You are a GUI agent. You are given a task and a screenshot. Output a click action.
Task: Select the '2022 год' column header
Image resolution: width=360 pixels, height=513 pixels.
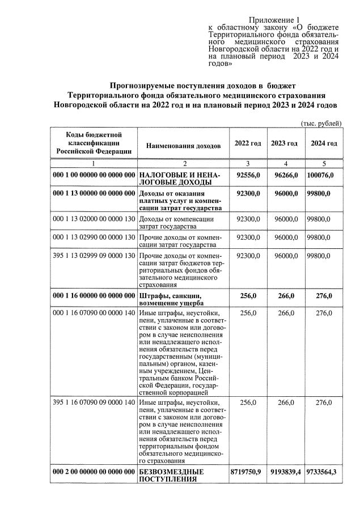[247, 143]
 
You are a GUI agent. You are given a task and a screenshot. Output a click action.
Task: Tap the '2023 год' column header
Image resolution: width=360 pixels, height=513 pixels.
[285, 143]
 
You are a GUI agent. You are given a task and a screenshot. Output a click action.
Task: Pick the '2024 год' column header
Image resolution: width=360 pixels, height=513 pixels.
[324, 143]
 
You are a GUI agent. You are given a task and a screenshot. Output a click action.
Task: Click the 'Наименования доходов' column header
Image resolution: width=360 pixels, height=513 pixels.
[183, 146]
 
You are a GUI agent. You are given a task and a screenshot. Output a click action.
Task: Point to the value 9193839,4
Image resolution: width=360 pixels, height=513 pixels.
[285, 472]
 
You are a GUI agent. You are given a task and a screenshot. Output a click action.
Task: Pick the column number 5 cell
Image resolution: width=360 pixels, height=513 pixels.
[324, 163]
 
